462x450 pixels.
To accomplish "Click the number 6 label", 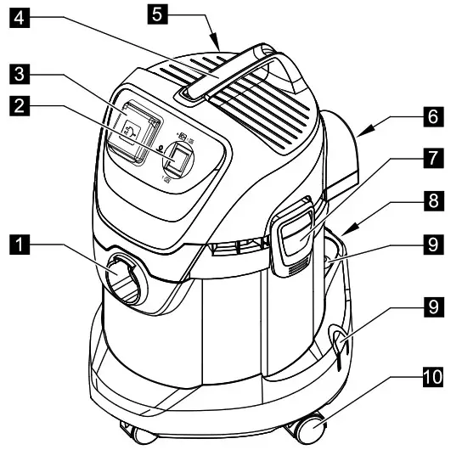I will (433, 117).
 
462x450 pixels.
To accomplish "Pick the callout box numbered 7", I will (433, 159).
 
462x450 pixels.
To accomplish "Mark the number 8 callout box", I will (433, 200).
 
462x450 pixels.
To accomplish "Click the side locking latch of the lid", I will (292, 235).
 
